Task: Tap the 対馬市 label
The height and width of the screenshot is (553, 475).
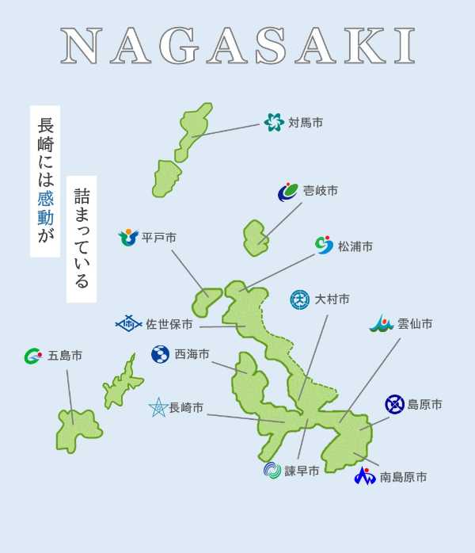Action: (x=306, y=123)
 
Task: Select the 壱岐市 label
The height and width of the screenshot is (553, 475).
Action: (x=321, y=191)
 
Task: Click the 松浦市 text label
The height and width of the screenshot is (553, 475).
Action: (x=355, y=246)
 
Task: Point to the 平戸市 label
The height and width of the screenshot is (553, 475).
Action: (x=159, y=238)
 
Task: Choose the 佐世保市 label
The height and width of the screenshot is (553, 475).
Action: (x=169, y=324)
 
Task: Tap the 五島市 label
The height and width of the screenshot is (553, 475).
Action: (x=65, y=356)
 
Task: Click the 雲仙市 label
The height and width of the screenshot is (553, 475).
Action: (x=415, y=324)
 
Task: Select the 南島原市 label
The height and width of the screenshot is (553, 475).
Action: (x=403, y=477)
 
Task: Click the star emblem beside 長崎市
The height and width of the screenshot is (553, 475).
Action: (x=158, y=408)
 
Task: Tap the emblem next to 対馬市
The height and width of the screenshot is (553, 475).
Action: (x=274, y=122)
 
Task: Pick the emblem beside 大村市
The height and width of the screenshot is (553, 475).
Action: (x=300, y=299)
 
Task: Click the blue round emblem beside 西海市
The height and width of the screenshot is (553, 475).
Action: (x=161, y=354)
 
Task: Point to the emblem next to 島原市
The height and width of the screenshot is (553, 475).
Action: (x=394, y=405)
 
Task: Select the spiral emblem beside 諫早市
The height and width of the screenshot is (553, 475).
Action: (x=272, y=471)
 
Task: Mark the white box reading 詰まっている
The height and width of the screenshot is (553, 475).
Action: (x=82, y=238)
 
